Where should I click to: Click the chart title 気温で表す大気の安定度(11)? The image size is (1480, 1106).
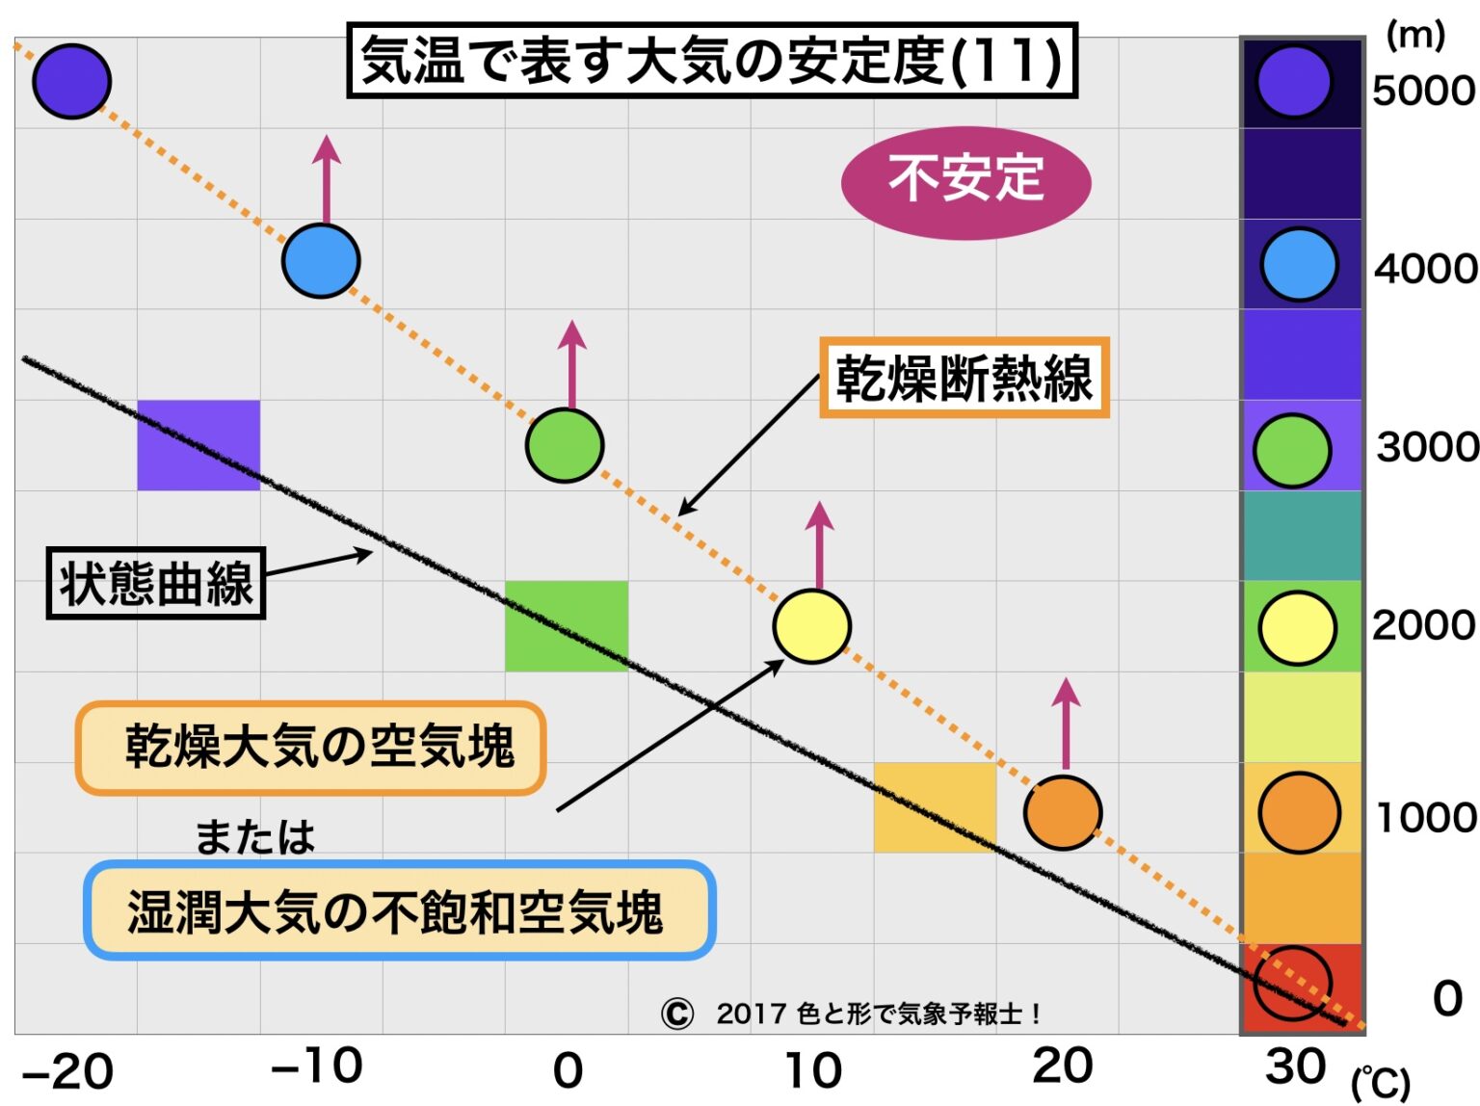click(x=711, y=61)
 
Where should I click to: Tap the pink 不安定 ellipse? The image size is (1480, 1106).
click(x=965, y=182)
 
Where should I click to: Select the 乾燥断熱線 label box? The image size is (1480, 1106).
click(x=965, y=378)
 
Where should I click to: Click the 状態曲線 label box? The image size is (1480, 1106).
click(x=156, y=583)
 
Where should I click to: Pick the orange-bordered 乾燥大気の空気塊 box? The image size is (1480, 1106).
click(x=310, y=749)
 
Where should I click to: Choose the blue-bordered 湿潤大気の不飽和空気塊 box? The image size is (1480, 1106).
click(x=399, y=909)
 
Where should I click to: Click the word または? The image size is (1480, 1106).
click(x=255, y=836)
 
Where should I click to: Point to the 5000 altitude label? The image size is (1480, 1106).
click(x=1423, y=91)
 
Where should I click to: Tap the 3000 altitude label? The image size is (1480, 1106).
click(x=1427, y=447)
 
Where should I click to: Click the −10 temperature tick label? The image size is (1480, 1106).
click(x=316, y=1066)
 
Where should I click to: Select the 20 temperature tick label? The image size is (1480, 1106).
click(x=1062, y=1066)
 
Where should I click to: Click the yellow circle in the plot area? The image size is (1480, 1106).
click(x=812, y=627)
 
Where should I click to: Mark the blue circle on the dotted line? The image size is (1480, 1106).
click(x=321, y=261)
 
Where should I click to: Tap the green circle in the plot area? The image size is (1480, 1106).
click(x=565, y=445)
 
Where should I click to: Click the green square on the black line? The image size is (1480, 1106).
click(x=567, y=626)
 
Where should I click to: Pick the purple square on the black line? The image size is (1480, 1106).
click(x=198, y=445)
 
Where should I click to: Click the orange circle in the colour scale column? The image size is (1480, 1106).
click(x=1299, y=813)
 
